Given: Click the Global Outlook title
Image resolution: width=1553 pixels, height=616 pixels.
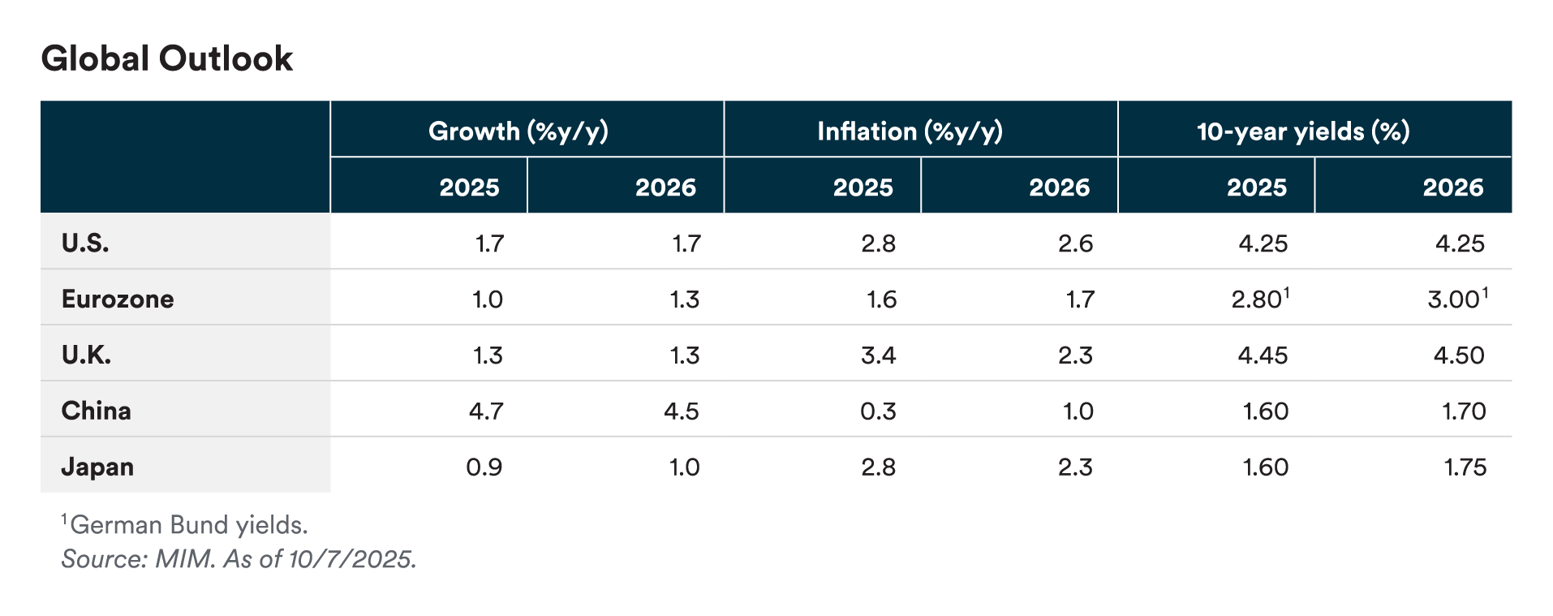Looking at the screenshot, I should click(x=167, y=59).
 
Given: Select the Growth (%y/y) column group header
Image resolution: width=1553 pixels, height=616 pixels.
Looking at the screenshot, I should click(x=518, y=131).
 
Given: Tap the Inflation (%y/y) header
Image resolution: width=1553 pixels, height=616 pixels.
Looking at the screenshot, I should click(x=910, y=131).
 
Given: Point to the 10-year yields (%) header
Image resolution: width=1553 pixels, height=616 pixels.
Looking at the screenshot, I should click(x=1303, y=131).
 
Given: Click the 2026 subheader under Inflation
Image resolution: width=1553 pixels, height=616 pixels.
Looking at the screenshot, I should click(x=1059, y=187).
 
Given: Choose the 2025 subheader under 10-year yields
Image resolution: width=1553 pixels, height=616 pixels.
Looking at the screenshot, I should click(x=1256, y=187).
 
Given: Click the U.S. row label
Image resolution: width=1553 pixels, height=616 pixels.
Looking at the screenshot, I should click(x=85, y=243).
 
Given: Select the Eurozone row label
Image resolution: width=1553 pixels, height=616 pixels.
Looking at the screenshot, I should click(x=118, y=299).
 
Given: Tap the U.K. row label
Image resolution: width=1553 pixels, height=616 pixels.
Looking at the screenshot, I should click(x=86, y=355).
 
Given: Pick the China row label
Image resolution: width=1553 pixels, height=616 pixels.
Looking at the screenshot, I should click(x=96, y=411).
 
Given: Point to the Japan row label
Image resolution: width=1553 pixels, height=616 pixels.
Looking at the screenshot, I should click(x=97, y=467).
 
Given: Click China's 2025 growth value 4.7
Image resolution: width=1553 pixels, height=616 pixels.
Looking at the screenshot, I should click(x=486, y=411).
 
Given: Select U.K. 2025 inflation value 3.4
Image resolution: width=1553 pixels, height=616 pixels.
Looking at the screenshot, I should click(x=879, y=355).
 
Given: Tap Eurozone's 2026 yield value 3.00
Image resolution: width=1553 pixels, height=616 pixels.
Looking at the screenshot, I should click(x=1454, y=299).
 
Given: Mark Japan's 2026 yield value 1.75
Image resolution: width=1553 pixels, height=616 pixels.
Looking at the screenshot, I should click(x=1465, y=467).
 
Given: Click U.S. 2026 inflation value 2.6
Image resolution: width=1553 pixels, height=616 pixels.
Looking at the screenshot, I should click(x=1075, y=243).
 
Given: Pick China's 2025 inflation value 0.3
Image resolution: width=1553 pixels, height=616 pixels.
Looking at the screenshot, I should click(x=879, y=411).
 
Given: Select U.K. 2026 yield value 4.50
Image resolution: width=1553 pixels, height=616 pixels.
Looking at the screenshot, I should click(x=1459, y=355).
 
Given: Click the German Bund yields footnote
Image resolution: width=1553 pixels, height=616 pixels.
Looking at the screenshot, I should click(x=188, y=525).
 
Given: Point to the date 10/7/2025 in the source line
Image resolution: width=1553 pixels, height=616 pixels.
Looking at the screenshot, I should click(x=351, y=559).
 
